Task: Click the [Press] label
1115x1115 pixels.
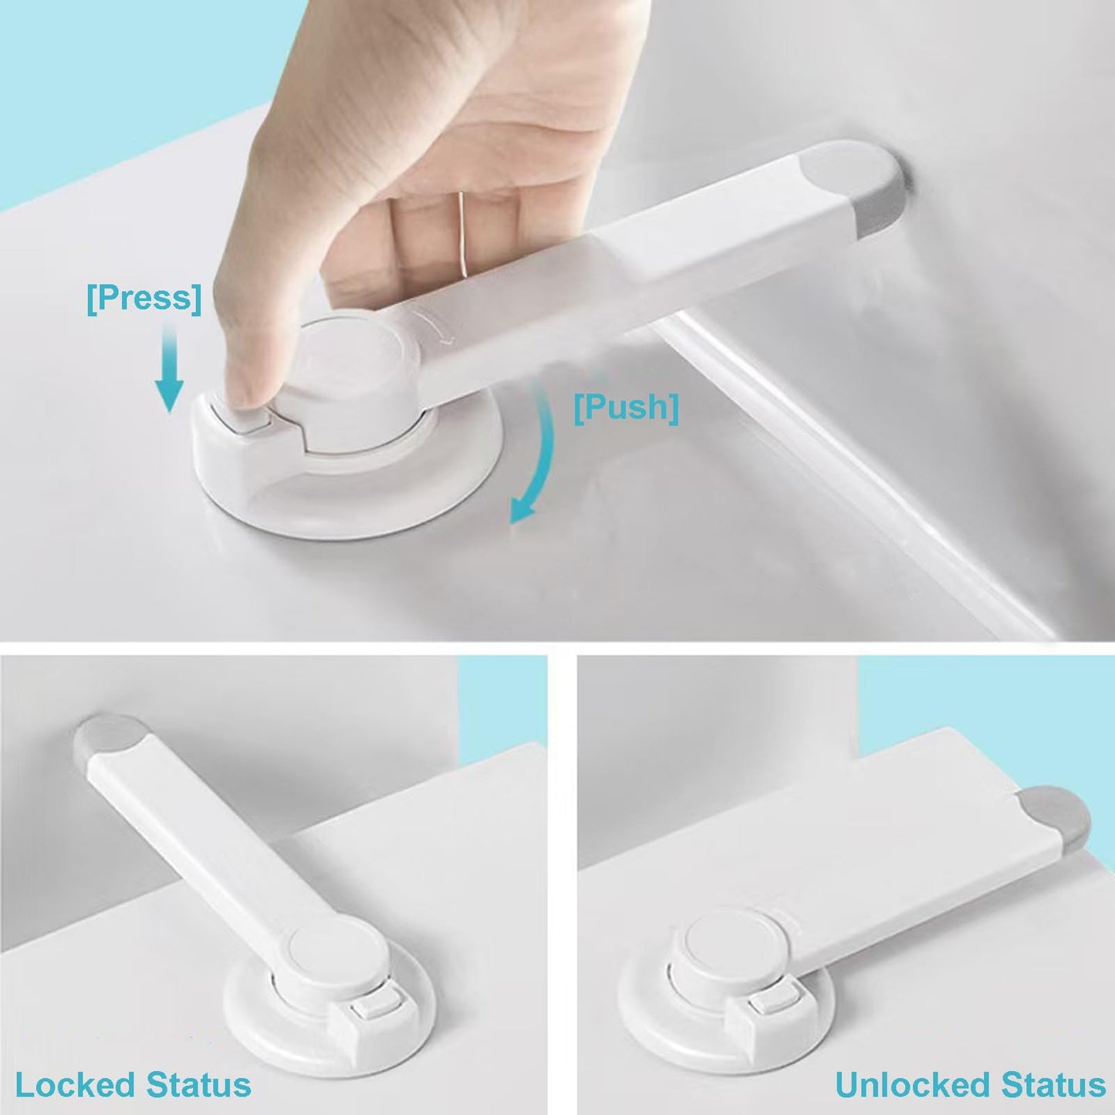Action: (x=144, y=298)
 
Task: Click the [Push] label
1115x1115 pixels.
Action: (x=626, y=407)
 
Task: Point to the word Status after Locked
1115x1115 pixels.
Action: (x=198, y=1084)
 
